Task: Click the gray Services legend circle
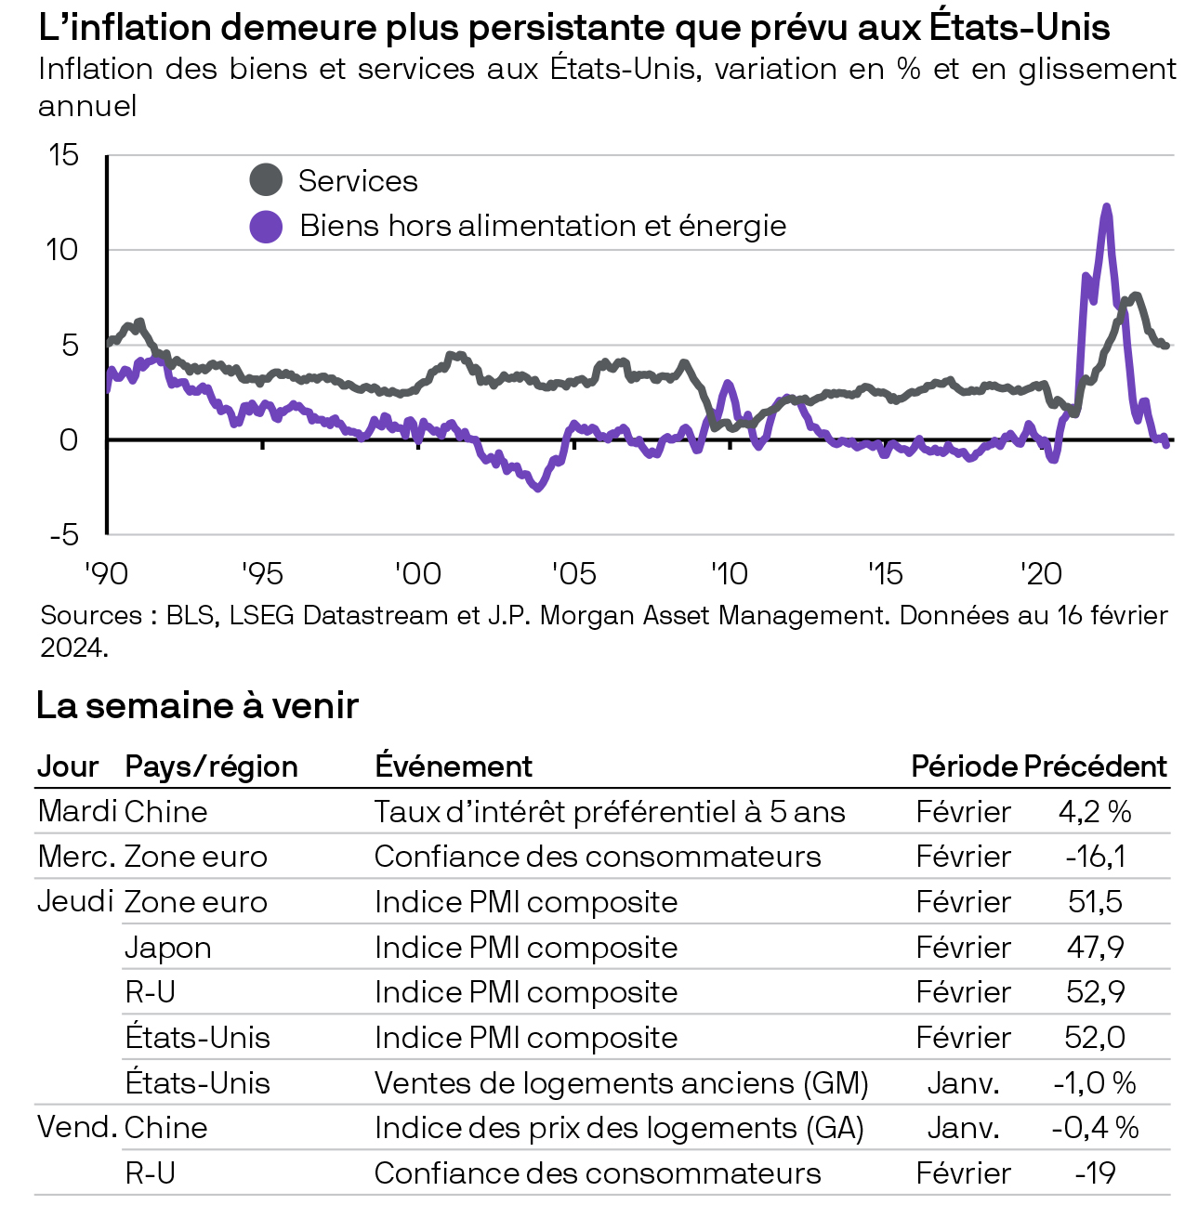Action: tap(266, 180)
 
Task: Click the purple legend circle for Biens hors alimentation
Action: tap(266, 226)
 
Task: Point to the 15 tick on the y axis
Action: tap(64, 155)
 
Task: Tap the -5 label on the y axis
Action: tap(64, 535)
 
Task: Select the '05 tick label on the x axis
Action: tap(573, 574)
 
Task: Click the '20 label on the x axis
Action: tap(1041, 574)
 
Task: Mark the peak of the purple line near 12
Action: tap(1106, 207)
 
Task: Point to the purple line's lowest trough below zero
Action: tap(537, 488)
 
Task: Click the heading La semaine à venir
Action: tap(197, 706)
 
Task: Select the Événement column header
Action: tap(454, 766)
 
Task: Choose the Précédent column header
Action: tap(1095, 766)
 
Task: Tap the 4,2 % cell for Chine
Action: tap(1095, 812)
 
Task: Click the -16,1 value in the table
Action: tap(1095, 857)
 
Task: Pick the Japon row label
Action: tap(168, 948)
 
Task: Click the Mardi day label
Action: tap(77, 811)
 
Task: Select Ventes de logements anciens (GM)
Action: tap(621, 1083)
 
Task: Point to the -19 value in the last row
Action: tap(1095, 1173)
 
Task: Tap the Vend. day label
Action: tap(77, 1128)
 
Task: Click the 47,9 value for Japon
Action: tap(1095, 948)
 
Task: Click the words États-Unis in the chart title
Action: tap(1020, 28)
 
